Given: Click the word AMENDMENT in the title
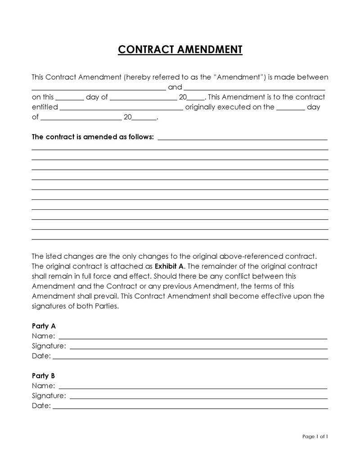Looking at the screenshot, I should point(210,50).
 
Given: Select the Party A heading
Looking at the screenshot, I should point(44,326).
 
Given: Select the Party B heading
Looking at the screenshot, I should point(44,376).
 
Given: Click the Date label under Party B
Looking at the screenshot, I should point(41,406).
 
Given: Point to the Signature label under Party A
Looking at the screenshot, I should point(49,346).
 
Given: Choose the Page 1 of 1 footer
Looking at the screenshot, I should point(315,436).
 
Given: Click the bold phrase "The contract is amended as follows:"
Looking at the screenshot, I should point(93,136).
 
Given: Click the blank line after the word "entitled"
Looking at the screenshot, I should point(121,109).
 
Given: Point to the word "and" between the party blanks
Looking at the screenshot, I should point(175,87).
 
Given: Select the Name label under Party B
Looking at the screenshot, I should point(44,385).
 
